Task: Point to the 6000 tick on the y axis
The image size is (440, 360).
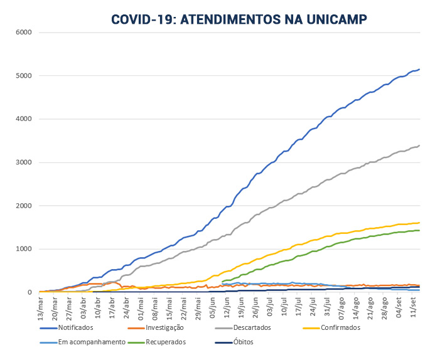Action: click(24, 33)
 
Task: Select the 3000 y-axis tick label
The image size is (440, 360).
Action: click(24, 162)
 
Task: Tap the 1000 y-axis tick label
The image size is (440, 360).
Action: click(24, 249)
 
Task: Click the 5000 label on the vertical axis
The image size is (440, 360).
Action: click(24, 76)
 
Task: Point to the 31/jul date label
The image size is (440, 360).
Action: click(325, 307)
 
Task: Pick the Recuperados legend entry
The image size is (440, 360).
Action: click(167, 342)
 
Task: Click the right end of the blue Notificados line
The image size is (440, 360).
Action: click(419, 69)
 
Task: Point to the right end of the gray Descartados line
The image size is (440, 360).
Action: click(419, 146)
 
